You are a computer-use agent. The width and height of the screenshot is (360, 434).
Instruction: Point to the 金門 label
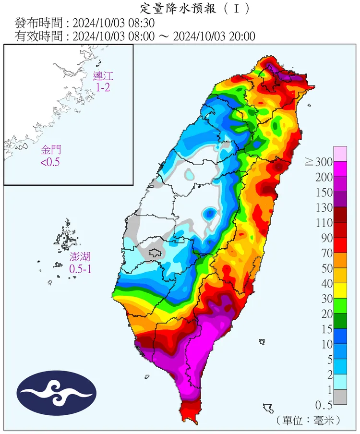point(50,150)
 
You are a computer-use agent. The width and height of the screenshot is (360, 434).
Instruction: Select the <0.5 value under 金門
point(50,162)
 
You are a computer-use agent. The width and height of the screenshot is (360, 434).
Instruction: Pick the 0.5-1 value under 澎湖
point(80,269)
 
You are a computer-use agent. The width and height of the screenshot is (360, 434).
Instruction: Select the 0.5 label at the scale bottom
point(323,405)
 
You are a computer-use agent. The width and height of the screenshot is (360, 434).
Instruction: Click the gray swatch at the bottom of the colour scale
point(340,397)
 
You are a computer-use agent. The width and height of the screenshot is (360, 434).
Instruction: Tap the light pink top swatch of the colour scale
point(340,154)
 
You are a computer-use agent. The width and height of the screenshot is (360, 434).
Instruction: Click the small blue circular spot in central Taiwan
point(209,213)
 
